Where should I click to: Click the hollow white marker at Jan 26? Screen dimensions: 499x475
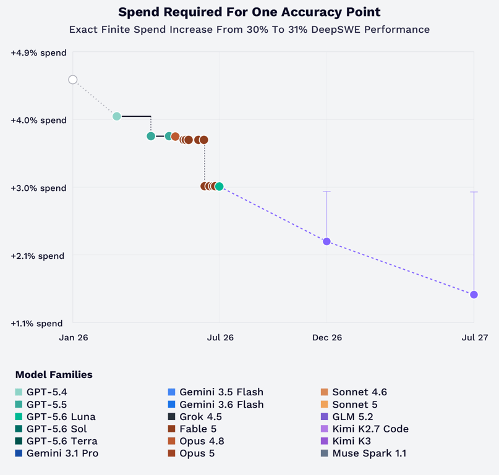click(x=73, y=80)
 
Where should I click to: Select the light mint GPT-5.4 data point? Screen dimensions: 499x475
click(x=117, y=116)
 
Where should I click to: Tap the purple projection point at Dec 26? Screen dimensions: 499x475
click(x=327, y=242)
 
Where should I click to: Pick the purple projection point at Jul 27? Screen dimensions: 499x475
click(x=474, y=295)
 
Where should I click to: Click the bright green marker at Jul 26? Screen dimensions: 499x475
click(x=219, y=187)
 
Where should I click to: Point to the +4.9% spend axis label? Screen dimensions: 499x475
click(x=38, y=53)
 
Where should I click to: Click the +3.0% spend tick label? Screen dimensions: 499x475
click(x=38, y=188)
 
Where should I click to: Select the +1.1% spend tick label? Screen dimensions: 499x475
click(x=36, y=324)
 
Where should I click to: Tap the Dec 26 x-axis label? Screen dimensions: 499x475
click(x=327, y=337)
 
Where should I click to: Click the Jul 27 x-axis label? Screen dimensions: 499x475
click(x=475, y=337)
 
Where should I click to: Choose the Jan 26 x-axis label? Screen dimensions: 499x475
click(x=74, y=337)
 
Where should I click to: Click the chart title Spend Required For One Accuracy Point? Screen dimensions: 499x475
click(x=250, y=12)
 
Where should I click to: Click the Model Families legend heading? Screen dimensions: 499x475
click(x=54, y=374)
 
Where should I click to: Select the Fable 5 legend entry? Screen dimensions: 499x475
click(x=192, y=429)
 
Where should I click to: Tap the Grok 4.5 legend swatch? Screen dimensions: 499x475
click(x=171, y=416)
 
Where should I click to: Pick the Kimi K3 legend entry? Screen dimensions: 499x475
click(x=346, y=441)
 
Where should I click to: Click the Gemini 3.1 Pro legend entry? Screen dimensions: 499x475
click(x=57, y=453)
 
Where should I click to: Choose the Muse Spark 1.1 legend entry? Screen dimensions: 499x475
click(x=364, y=453)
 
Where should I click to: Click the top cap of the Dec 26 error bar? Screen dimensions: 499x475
click(x=327, y=191)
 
